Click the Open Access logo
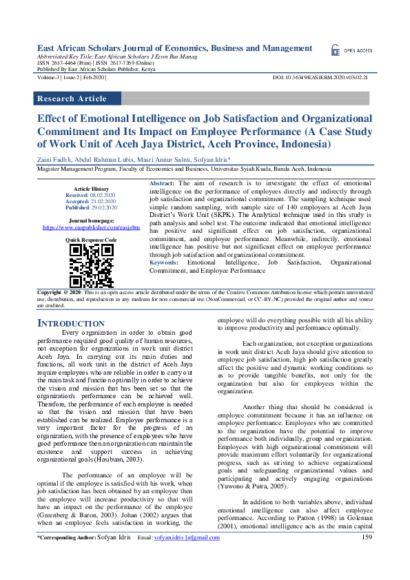click(x=351, y=50)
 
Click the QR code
click(x=92, y=265)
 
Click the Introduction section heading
click(x=70, y=323)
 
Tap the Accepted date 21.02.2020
click(x=101, y=201)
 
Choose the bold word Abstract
click(x=163, y=183)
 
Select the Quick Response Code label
click(x=92, y=239)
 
